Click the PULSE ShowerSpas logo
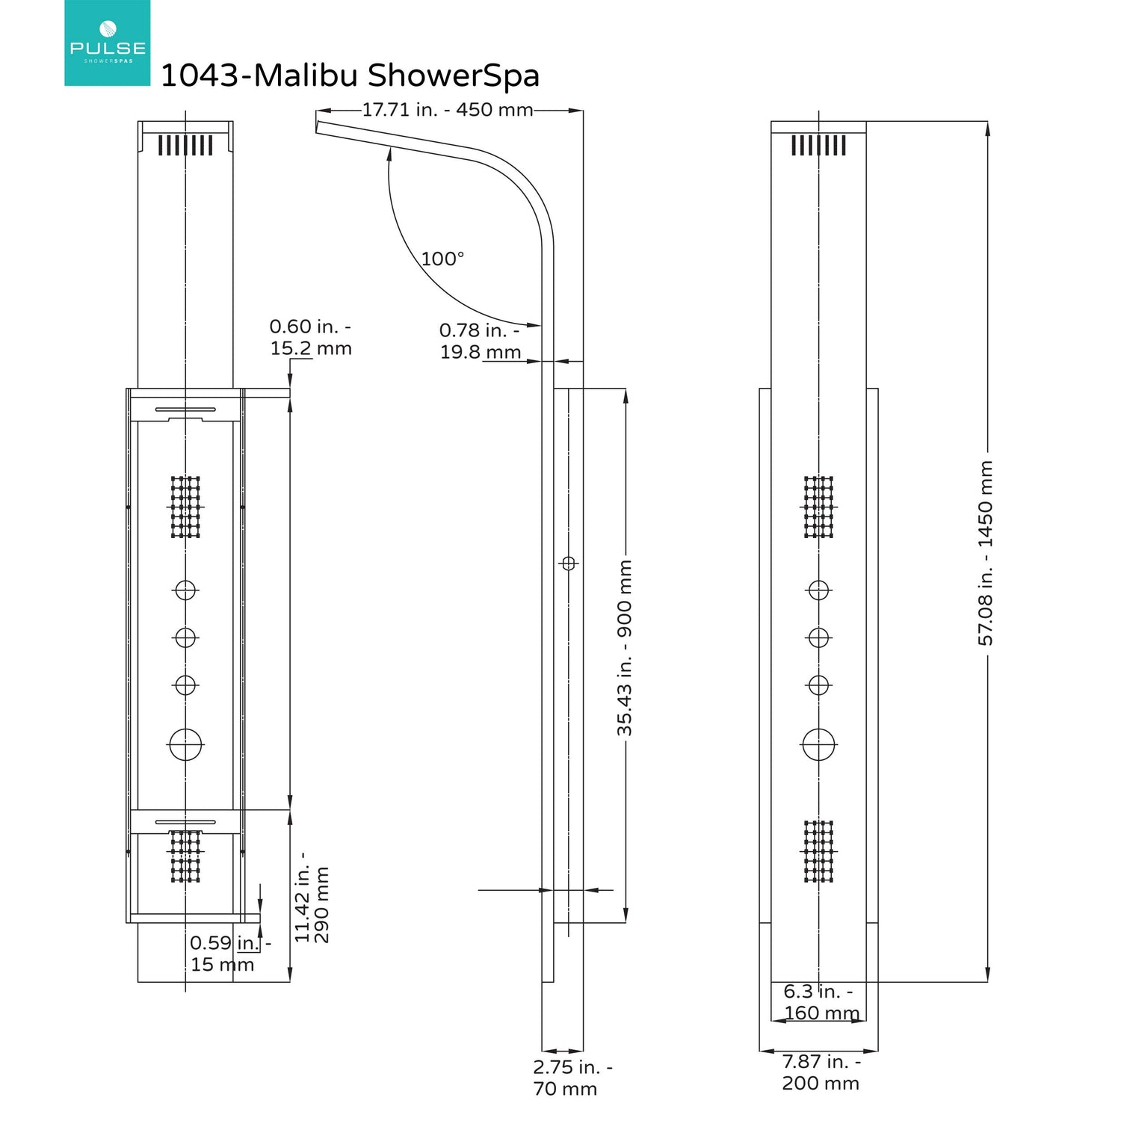pos(108,43)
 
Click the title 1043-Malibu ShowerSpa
pos(350,75)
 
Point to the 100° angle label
pos(442,259)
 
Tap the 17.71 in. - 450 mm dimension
pos(448,110)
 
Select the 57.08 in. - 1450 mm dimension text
pos(986,552)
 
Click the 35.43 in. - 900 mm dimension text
pos(625,647)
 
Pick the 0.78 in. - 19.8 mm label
pos(480,341)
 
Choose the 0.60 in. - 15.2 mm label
pos(311,337)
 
